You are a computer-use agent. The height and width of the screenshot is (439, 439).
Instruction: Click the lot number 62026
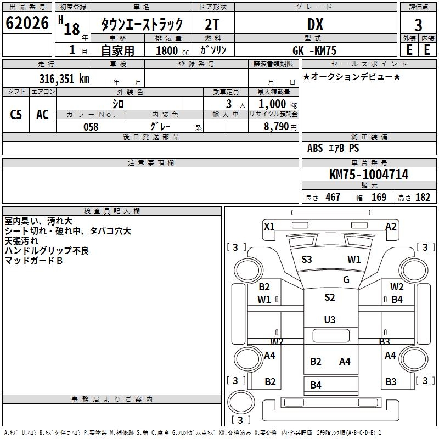(x=26, y=24)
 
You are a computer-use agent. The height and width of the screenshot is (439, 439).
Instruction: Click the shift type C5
(x=16, y=115)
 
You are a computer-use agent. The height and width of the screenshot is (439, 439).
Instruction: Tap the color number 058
(x=91, y=126)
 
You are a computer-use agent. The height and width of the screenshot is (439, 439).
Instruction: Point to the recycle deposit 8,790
(x=280, y=126)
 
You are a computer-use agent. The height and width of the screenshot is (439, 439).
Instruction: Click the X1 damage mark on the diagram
(x=269, y=226)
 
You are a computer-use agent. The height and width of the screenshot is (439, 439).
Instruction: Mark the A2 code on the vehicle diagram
(x=391, y=226)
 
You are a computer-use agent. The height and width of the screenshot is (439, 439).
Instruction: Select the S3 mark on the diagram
(x=307, y=259)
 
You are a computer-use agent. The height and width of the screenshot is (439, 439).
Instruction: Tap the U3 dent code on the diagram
(x=330, y=319)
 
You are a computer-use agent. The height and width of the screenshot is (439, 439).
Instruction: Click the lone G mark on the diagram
(x=346, y=279)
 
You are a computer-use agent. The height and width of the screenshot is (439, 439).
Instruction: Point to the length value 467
(x=333, y=197)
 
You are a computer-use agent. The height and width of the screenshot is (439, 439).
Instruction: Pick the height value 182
(x=423, y=197)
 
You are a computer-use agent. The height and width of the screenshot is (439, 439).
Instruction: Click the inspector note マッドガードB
(x=33, y=261)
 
